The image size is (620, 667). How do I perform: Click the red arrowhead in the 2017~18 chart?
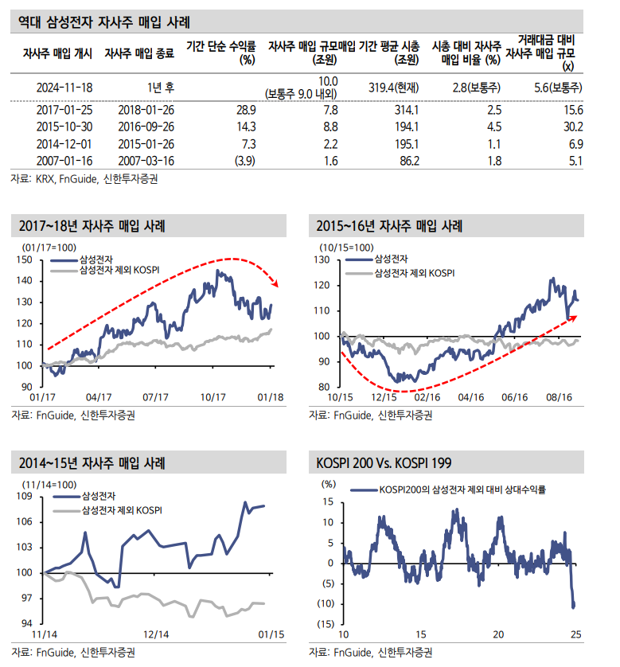[x=275, y=283]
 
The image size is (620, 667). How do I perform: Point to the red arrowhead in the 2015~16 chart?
[x=575, y=318]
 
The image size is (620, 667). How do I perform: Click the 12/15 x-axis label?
[x=384, y=396]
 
